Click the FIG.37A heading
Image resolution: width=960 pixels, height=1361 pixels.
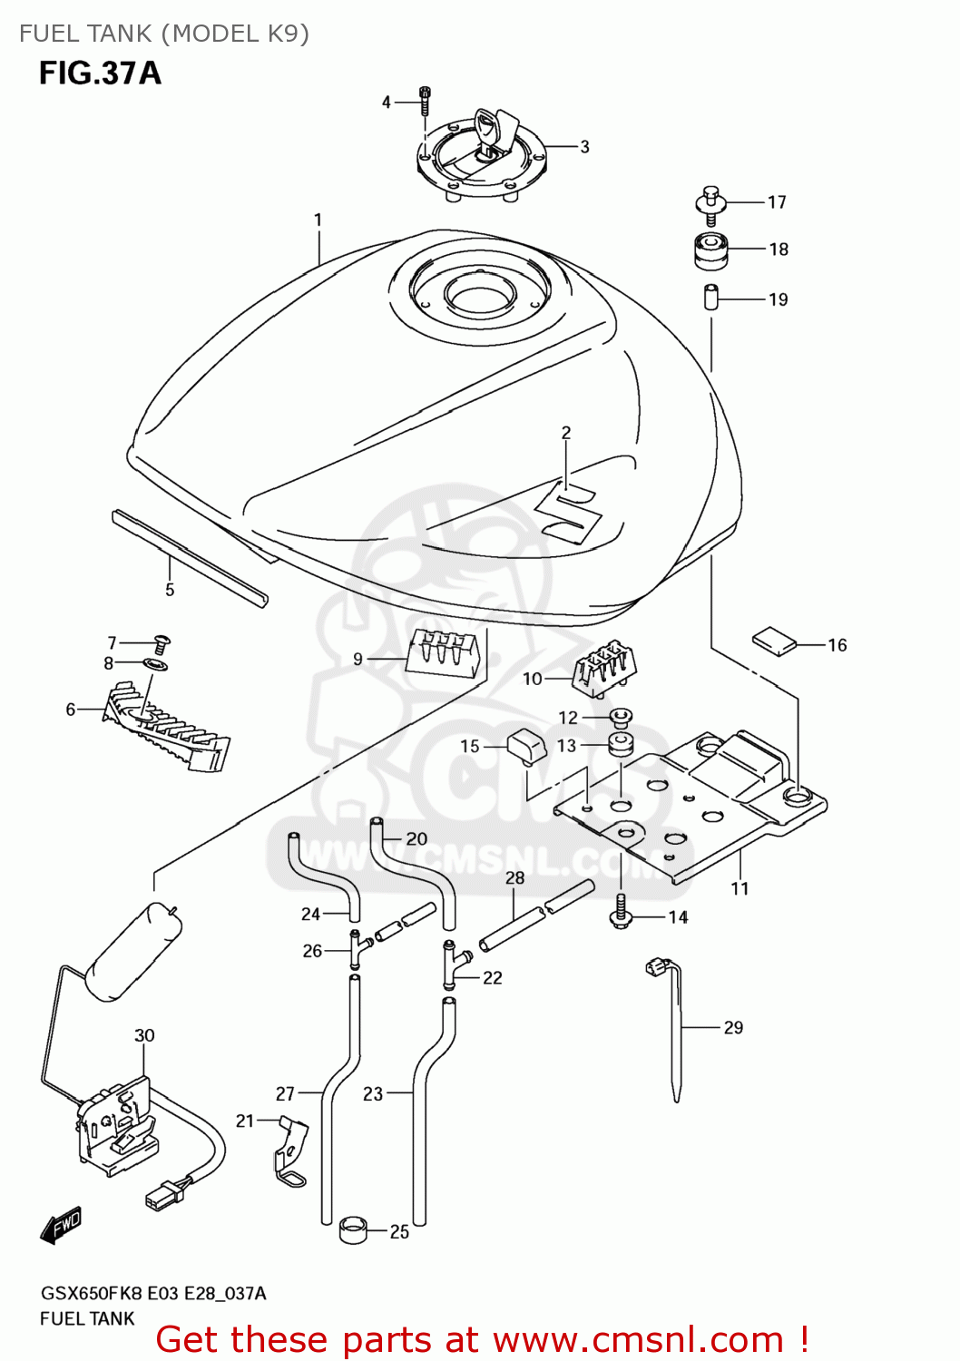tap(100, 73)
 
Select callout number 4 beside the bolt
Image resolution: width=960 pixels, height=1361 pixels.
tap(387, 103)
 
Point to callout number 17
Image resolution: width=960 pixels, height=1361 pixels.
tap(777, 202)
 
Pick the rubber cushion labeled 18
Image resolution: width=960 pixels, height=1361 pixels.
tap(710, 250)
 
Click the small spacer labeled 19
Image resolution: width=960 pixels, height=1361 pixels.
tap(711, 297)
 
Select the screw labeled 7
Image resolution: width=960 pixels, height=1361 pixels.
tap(162, 644)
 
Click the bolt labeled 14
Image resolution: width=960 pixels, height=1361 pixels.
tap(620, 911)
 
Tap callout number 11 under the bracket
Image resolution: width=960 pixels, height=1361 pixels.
tap(740, 888)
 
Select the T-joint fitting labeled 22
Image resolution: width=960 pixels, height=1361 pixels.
tap(451, 964)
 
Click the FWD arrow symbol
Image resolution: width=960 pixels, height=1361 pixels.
tap(62, 1226)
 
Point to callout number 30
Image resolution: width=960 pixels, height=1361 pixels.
tap(144, 1035)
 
